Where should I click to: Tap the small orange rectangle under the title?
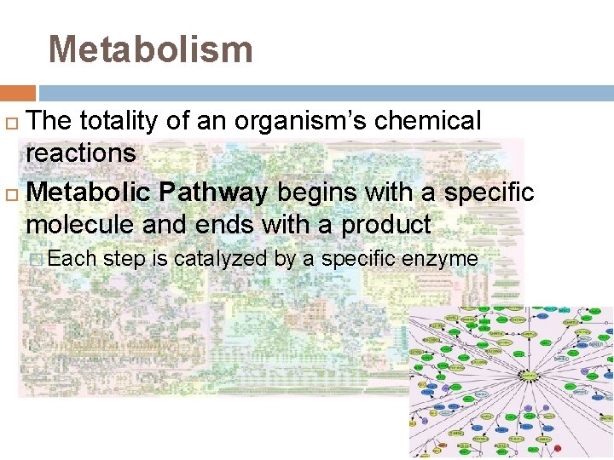point(18,93)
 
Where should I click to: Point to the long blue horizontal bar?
point(326,93)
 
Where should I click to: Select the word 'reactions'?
point(81,153)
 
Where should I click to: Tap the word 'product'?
point(386,225)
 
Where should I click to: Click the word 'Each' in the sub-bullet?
point(72,258)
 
